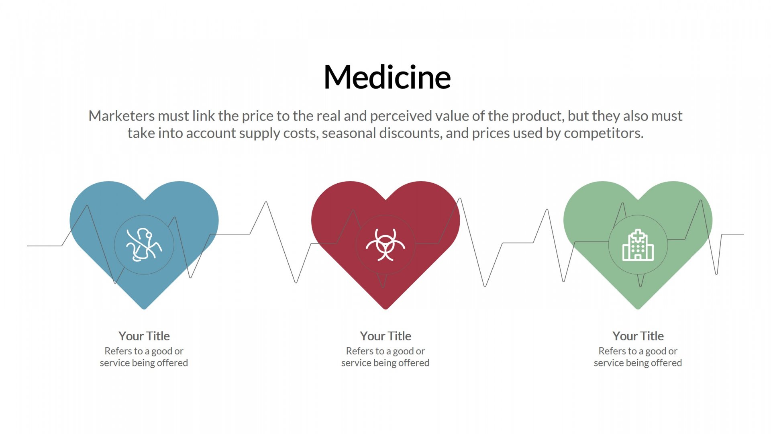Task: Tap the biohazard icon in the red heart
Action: (385, 245)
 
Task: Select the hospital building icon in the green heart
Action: (638, 245)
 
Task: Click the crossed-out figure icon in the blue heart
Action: (144, 245)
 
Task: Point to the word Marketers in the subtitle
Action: (122, 116)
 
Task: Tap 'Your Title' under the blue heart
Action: (144, 336)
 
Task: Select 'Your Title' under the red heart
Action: (385, 336)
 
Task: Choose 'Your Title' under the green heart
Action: (638, 336)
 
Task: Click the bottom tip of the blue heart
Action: (144, 309)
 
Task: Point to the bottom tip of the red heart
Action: (385, 309)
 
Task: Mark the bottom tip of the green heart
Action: (638, 309)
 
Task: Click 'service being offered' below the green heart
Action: (638, 363)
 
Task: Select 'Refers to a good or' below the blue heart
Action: (144, 351)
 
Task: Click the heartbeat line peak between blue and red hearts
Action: (266, 202)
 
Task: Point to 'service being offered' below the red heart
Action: (385, 363)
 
